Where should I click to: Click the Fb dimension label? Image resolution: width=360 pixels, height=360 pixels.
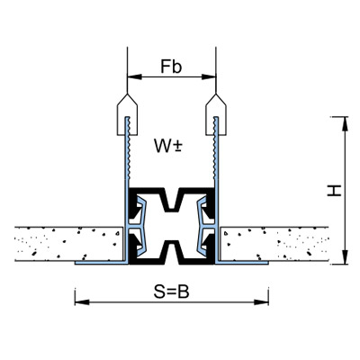pos(171,67)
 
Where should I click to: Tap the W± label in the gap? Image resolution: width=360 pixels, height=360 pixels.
pos(168,146)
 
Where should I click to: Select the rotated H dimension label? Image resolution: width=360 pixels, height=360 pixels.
pos(334,191)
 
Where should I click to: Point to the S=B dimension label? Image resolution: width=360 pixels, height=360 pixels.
pos(172,292)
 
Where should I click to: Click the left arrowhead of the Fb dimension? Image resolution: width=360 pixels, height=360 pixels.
pos(134,76)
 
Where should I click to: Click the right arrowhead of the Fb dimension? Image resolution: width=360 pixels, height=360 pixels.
pos(209,76)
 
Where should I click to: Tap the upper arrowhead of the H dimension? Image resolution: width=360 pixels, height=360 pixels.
pos(345,123)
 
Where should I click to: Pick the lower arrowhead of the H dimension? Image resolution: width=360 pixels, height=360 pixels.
pos(345,256)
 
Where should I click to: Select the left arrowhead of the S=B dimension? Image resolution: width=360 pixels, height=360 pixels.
pos(82,302)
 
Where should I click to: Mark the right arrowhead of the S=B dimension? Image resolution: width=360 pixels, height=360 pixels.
pos(261,302)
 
